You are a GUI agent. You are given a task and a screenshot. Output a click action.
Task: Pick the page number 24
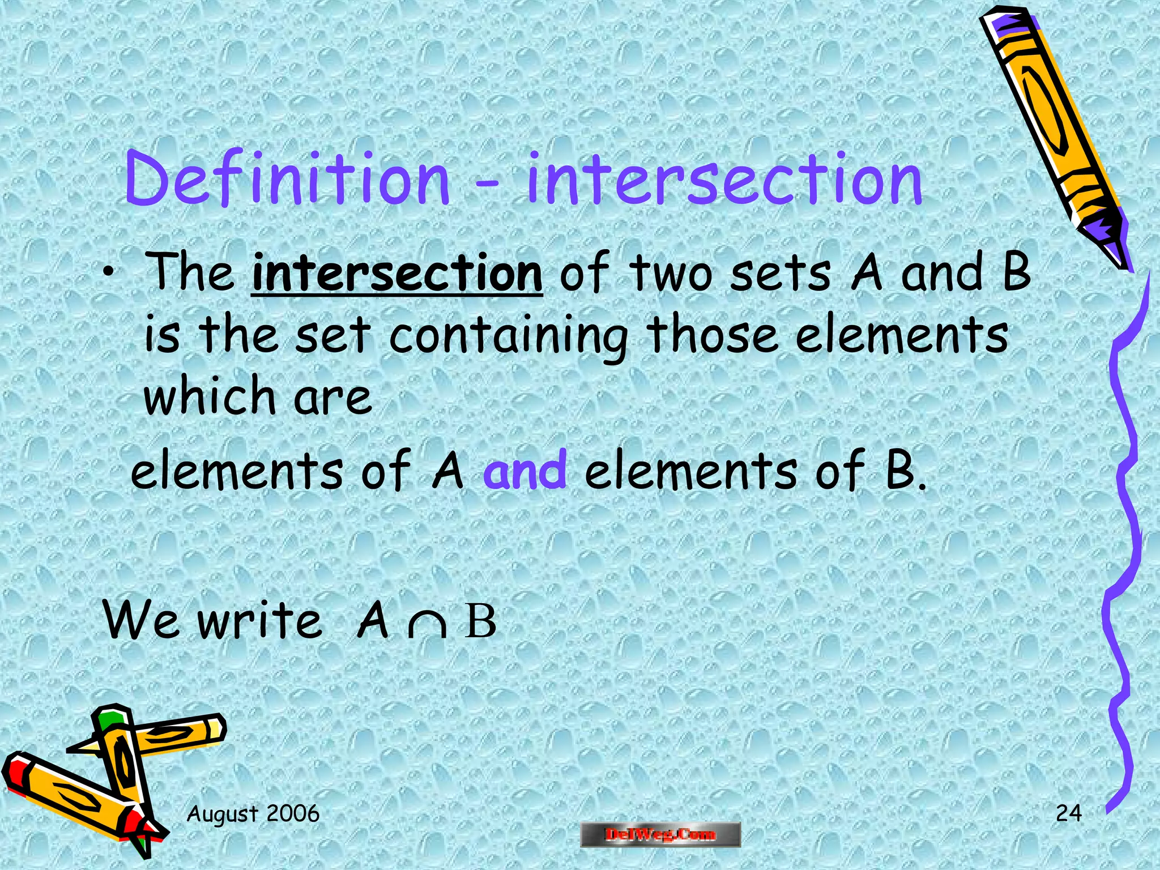coord(1068,813)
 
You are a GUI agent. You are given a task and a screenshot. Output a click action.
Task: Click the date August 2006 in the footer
coord(253,814)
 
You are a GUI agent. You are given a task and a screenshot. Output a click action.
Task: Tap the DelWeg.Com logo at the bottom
coord(660,834)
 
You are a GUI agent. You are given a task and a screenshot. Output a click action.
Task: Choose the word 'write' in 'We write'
coord(260,622)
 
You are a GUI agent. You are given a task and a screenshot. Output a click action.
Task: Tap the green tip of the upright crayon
coord(110,718)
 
